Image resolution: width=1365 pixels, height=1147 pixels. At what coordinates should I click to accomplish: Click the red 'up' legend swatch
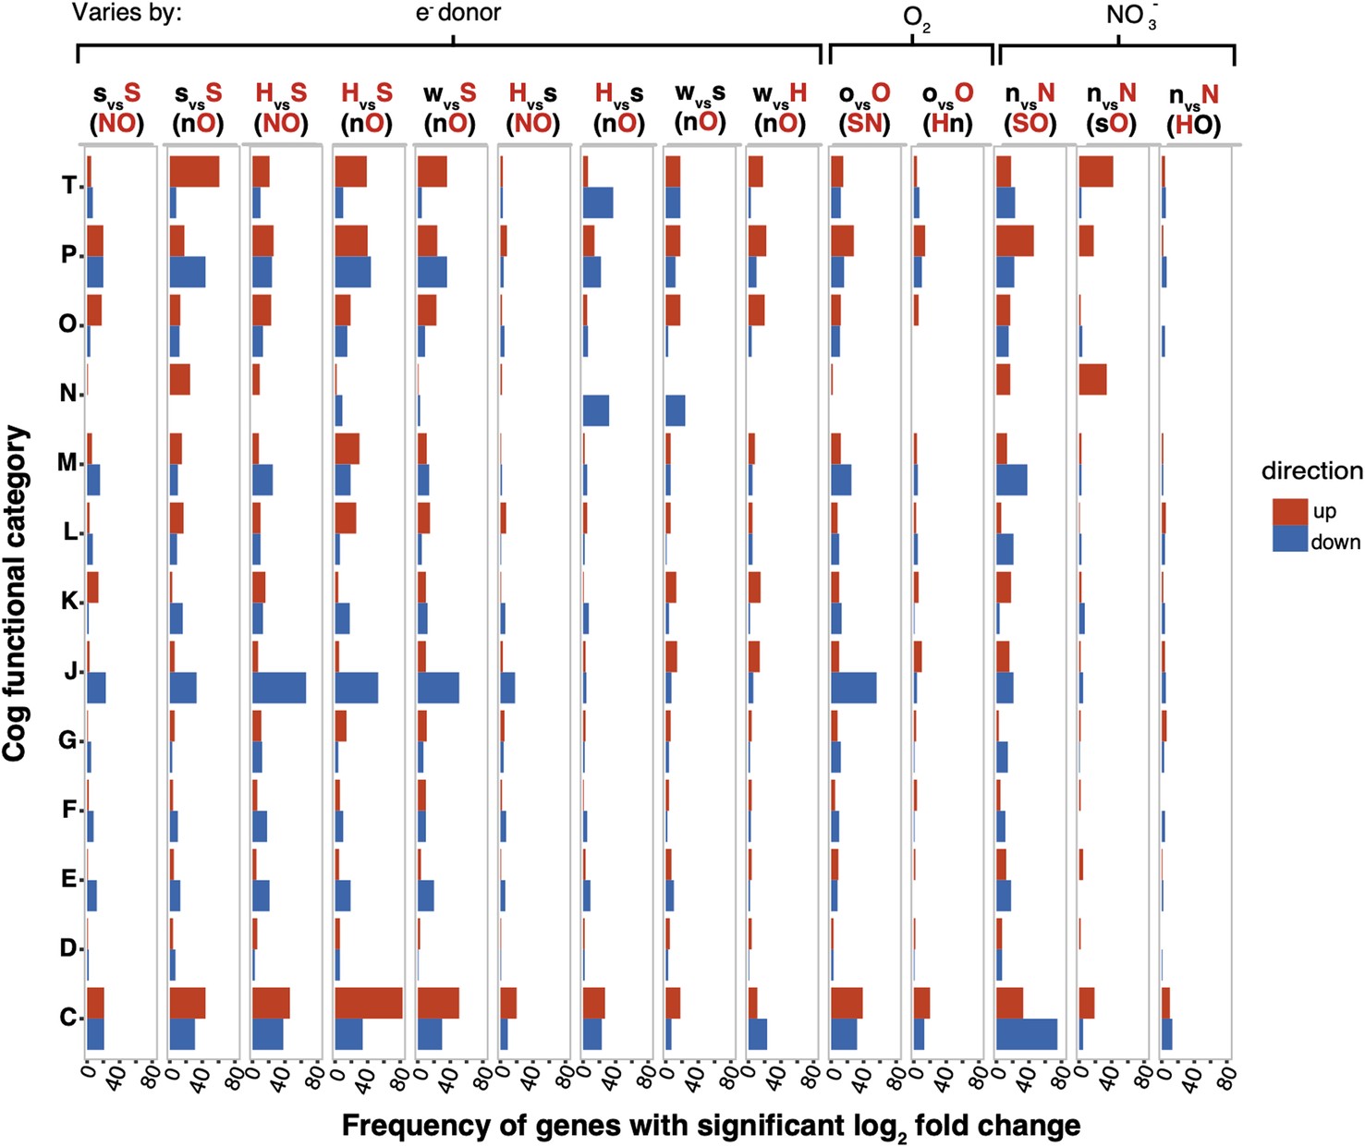(x=1289, y=511)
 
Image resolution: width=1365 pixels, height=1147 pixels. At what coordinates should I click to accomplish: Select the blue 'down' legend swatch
(x=1289, y=540)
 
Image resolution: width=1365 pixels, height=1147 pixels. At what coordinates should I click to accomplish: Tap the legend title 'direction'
(x=1311, y=470)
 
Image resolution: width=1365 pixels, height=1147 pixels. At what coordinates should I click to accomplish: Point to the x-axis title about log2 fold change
(x=711, y=1126)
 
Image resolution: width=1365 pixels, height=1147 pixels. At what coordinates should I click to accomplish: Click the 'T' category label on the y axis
(x=68, y=186)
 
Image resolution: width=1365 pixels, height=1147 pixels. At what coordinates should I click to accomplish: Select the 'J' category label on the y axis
(x=70, y=671)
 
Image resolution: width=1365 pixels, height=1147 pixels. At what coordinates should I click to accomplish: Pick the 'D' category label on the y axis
(x=68, y=948)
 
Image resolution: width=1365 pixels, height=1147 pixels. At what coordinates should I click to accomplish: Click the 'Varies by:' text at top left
(x=127, y=13)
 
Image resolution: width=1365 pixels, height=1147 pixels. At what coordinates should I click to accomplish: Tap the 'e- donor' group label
(x=457, y=13)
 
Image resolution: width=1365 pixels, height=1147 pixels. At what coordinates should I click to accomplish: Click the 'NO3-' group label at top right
(x=1130, y=15)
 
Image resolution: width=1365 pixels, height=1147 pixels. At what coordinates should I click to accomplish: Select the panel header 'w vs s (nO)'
(x=700, y=108)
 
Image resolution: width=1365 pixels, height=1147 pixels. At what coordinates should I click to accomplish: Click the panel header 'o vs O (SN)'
(x=864, y=108)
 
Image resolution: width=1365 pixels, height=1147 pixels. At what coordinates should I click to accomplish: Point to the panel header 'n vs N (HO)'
(x=1193, y=109)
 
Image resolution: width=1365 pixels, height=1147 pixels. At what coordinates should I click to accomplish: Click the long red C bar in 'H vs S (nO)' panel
(x=369, y=1003)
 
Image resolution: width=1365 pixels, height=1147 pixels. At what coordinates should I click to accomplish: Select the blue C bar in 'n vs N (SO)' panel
(x=1027, y=1034)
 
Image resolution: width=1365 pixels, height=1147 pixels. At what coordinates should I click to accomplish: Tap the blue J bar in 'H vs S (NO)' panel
(x=279, y=688)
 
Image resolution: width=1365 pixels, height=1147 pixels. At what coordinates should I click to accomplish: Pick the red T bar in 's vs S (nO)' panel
(x=194, y=171)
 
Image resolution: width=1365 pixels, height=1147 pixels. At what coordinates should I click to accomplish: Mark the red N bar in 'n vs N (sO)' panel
(x=1092, y=380)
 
